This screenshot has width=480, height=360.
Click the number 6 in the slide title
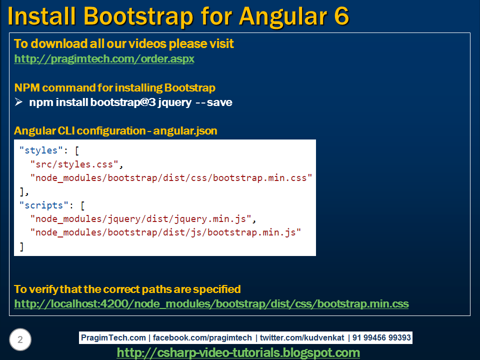tap(341, 16)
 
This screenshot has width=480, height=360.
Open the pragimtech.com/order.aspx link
tap(104, 59)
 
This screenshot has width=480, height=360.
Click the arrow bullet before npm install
tap(18, 102)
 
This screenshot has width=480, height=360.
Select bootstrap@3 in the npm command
tap(123, 102)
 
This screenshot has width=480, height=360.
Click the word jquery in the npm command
tap(175, 102)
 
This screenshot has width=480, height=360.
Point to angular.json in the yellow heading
tap(185, 131)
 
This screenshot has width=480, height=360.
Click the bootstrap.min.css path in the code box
tap(171, 178)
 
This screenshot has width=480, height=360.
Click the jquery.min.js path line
tap(143, 219)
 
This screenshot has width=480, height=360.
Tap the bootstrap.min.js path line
tap(165, 232)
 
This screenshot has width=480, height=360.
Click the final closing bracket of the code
tap(21, 246)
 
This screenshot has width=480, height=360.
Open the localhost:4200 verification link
tap(211, 304)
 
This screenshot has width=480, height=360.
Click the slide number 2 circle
tap(20, 339)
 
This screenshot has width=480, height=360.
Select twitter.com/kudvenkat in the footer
tap(302, 337)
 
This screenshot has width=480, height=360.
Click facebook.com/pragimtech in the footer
tap(202, 337)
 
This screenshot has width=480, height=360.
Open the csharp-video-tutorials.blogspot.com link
tap(238, 352)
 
